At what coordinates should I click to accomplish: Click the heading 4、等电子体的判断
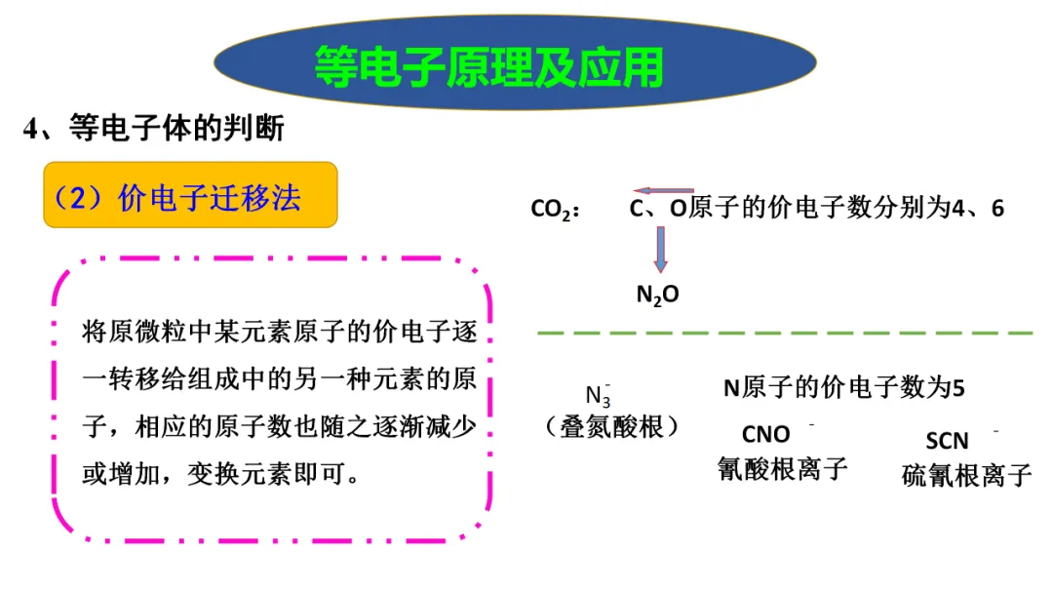pos(154,129)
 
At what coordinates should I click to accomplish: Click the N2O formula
pos(657,294)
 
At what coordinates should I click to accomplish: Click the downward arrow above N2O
pos(661,250)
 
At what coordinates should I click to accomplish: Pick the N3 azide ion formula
pos(599,395)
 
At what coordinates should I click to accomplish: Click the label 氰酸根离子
pos(782,468)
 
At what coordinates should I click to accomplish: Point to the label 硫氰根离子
pos(966,475)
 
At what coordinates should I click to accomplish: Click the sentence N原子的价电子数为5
pos(843,387)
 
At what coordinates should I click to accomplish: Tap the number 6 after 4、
pos(997,208)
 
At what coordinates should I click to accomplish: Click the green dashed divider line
pos(785,333)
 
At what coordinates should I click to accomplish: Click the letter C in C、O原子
pos(638,208)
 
